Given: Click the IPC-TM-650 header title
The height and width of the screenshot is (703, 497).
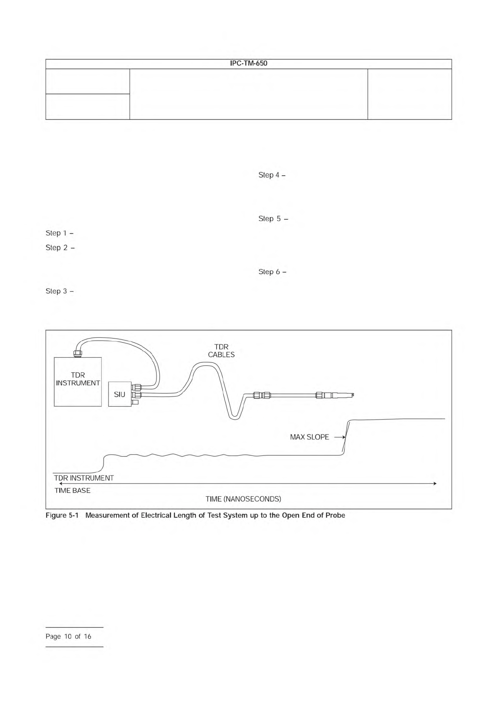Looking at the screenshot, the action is (248, 63).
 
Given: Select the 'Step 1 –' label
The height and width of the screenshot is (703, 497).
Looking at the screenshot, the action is (60, 233).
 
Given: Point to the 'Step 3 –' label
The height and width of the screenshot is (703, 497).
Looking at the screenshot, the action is (60, 291).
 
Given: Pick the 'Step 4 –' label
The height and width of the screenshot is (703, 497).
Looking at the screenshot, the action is (272, 175).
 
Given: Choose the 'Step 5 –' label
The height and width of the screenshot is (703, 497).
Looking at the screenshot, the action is (273, 219).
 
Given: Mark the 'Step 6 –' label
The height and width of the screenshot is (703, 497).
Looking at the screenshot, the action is (272, 272).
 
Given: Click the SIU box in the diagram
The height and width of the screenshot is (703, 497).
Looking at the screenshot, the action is (119, 394).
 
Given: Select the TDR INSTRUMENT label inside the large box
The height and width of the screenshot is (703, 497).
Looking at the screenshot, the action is (78, 379).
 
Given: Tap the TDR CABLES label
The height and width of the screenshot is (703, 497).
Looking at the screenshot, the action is (221, 351).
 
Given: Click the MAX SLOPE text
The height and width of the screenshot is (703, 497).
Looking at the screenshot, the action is (309, 437).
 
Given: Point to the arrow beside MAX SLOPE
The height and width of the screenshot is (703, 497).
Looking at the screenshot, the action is (339, 437).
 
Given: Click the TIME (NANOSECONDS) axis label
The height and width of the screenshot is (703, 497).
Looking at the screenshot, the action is (243, 499).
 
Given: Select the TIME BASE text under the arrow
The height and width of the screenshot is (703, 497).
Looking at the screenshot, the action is (72, 491).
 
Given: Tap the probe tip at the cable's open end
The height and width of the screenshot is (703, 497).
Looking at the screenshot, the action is (353, 394).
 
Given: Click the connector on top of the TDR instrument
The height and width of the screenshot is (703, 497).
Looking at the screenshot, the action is (77, 354).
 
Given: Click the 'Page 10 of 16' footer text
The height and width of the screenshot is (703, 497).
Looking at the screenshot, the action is (68, 637).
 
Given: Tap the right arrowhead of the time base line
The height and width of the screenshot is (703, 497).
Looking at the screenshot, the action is (435, 483).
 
